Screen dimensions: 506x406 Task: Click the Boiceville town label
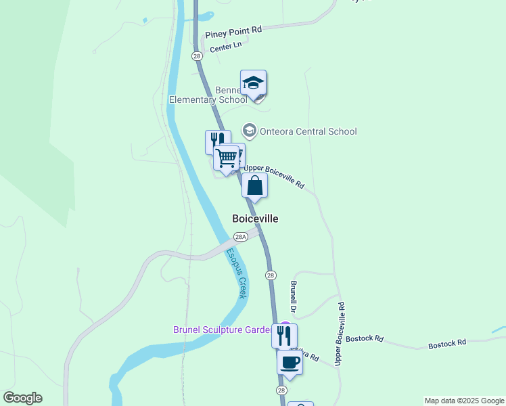point(255,219)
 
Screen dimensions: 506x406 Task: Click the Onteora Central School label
point(308,131)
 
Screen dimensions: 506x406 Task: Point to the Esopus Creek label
point(237,273)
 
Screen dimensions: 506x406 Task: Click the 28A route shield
point(240,237)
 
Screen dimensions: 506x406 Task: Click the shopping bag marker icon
point(254,185)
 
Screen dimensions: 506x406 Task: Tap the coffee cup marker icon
point(290,361)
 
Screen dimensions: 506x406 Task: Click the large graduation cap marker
point(253,83)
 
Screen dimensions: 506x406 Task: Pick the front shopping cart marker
point(227,158)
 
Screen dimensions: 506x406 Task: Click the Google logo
point(22,398)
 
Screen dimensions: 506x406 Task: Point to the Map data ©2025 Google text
point(464,401)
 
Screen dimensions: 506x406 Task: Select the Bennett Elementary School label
point(208,95)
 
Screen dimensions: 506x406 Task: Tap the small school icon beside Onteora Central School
point(250,131)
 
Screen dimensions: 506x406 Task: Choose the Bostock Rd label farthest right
point(447,344)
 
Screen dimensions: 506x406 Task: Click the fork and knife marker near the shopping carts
point(216,141)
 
